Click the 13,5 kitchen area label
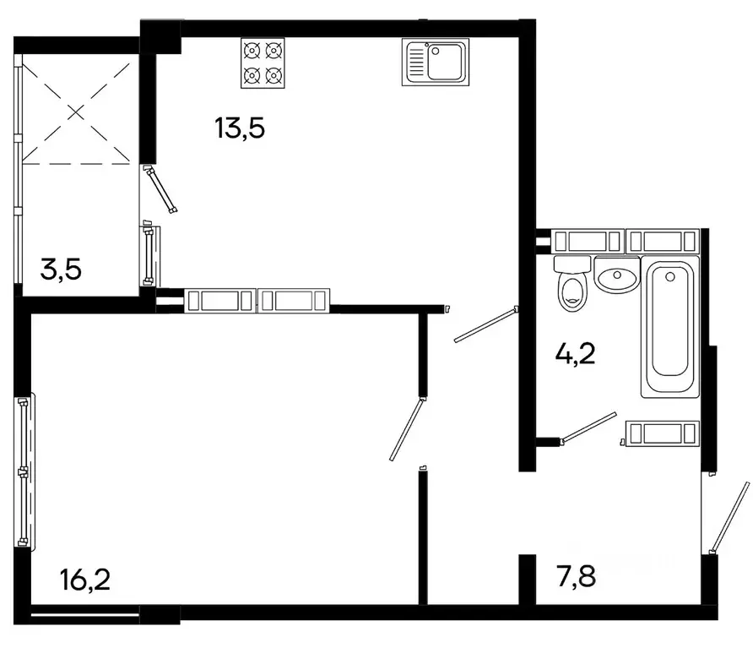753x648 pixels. pos(241,128)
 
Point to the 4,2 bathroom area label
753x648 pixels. pos(575,353)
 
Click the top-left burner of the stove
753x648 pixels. pos(251,50)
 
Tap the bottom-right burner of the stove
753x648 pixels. pos(272,75)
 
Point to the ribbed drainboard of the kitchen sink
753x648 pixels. pos(416,62)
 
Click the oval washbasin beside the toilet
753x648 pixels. pos(617,275)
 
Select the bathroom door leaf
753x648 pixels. pos(590,427)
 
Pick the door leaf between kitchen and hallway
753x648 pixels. pos(485,326)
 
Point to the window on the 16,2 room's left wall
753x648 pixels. pos(24,471)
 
